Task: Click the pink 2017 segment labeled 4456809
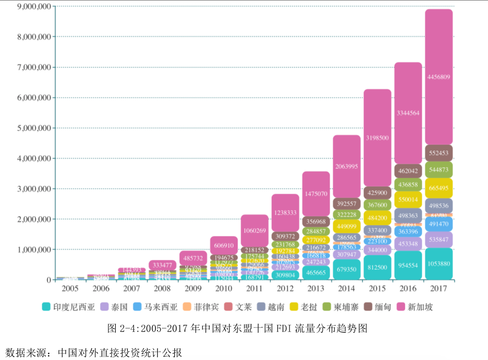tap(439, 77)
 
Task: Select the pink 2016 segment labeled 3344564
tap(408, 113)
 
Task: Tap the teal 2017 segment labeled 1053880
tap(439, 264)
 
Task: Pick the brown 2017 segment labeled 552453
tap(439, 153)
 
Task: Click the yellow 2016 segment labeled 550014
tap(408, 200)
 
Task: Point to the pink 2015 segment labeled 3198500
tap(377, 138)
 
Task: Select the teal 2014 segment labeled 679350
tap(347, 269)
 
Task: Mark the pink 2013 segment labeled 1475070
tap(316, 194)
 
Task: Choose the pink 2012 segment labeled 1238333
tap(285, 213)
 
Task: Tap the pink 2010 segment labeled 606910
tap(224, 246)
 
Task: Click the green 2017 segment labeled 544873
tap(439, 170)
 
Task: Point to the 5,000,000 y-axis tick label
tap(34, 128)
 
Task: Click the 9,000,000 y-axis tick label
tap(34, 7)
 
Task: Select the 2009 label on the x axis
tap(193, 288)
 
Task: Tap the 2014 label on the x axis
tap(347, 288)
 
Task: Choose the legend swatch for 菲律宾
tap(187, 307)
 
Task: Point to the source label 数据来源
tap(26, 352)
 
